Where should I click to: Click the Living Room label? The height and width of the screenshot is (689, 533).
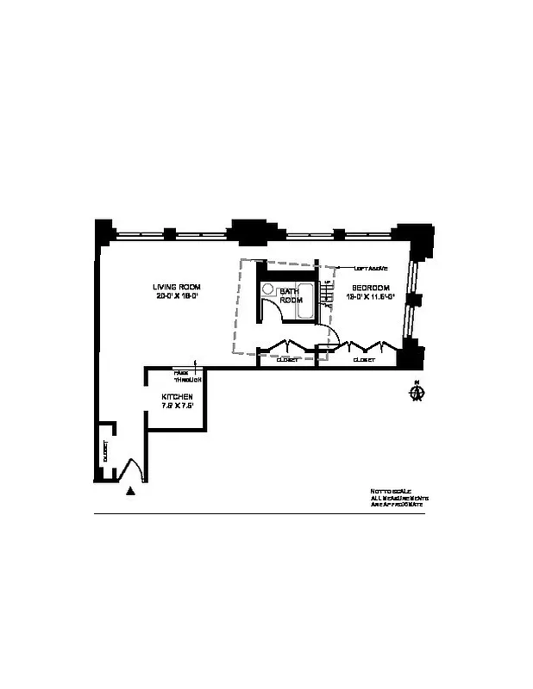pyautogui.click(x=177, y=287)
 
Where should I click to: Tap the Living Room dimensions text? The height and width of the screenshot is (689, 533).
pyautogui.click(x=177, y=296)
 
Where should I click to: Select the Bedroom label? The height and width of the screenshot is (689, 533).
pyautogui.click(x=370, y=287)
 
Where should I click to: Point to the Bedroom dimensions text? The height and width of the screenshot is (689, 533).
pyautogui.click(x=370, y=296)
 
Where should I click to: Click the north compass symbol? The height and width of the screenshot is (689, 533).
pyautogui.click(x=417, y=393)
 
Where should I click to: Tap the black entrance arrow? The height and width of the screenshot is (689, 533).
pyautogui.click(x=130, y=491)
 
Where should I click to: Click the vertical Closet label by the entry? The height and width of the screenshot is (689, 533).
pyautogui.click(x=104, y=453)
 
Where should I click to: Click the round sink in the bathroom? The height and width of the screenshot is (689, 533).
pyautogui.click(x=268, y=290)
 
